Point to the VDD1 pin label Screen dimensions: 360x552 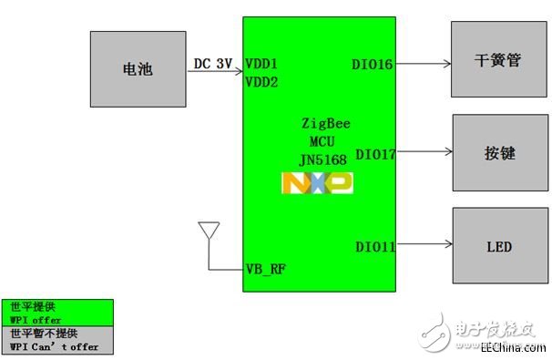pyautogui.click(x=262, y=65)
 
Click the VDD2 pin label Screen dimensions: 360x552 pyautogui.click(x=262, y=81)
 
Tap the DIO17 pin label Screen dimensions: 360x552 pyautogui.click(x=375, y=154)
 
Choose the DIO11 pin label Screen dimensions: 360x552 pyautogui.click(x=374, y=246)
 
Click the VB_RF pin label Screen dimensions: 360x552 pyautogui.click(x=265, y=270)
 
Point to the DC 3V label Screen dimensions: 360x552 pyautogui.click(x=213, y=64)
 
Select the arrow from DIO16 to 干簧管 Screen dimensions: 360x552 pyautogui.click(x=424, y=64)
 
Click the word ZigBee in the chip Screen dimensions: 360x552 pyautogui.click(x=325, y=122)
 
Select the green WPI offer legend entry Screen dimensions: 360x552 pyautogui.click(x=57, y=313)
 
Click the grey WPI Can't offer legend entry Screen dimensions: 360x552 pyautogui.click(x=57, y=340)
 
